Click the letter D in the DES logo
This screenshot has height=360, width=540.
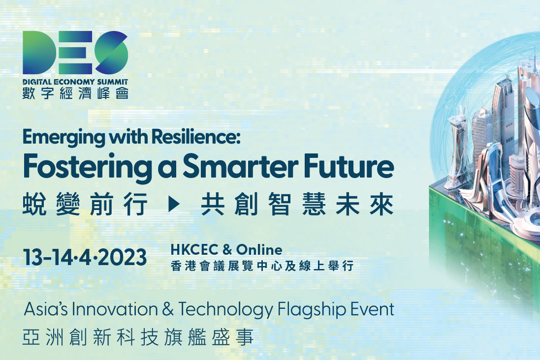[x=38, y=52]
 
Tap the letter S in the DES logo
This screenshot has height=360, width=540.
[x=112, y=52]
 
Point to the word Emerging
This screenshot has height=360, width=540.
[x=64, y=138]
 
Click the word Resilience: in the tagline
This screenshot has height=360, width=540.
[x=195, y=137]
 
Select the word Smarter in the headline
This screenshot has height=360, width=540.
[x=240, y=166]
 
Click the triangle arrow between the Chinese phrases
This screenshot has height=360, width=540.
[x=174, y=205]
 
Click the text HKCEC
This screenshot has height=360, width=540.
[x=194, y=249]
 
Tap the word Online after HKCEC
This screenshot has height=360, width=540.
[x=259, y=249]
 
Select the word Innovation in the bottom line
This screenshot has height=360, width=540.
[x=115, y=309]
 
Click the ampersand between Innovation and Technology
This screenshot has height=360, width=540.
[x=168, y=309]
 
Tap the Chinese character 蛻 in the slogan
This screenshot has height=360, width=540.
[x=34, y=205]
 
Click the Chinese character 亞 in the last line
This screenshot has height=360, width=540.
[x=32, y=337]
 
